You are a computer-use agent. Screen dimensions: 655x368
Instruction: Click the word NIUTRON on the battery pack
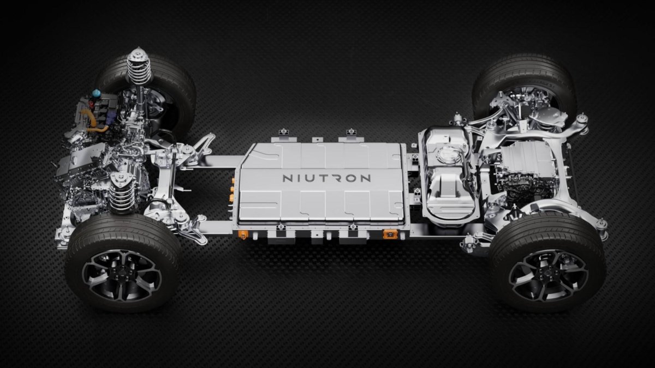click(x=326, y=178)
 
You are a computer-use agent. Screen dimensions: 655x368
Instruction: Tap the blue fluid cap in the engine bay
click(x=96, y=93)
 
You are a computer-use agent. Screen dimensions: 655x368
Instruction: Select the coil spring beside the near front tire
click(x=122, y=194)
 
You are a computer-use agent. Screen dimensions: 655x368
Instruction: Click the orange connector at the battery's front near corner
click(x=243, y=234)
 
